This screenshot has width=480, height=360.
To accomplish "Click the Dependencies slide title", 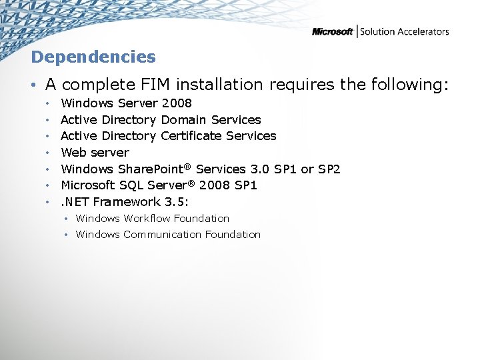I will pos(93,57).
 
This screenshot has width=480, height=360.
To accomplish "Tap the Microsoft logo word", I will pos(332,31).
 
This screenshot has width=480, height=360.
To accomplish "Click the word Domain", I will pos(184,120).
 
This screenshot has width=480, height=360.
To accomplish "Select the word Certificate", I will pos(191,136).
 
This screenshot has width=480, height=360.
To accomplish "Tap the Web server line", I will pos(95,153).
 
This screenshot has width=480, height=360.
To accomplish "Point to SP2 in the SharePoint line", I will pos(329,169).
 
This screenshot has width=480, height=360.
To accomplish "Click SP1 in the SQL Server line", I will pos(245,185).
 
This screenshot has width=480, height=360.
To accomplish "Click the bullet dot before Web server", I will pos(49,153).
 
